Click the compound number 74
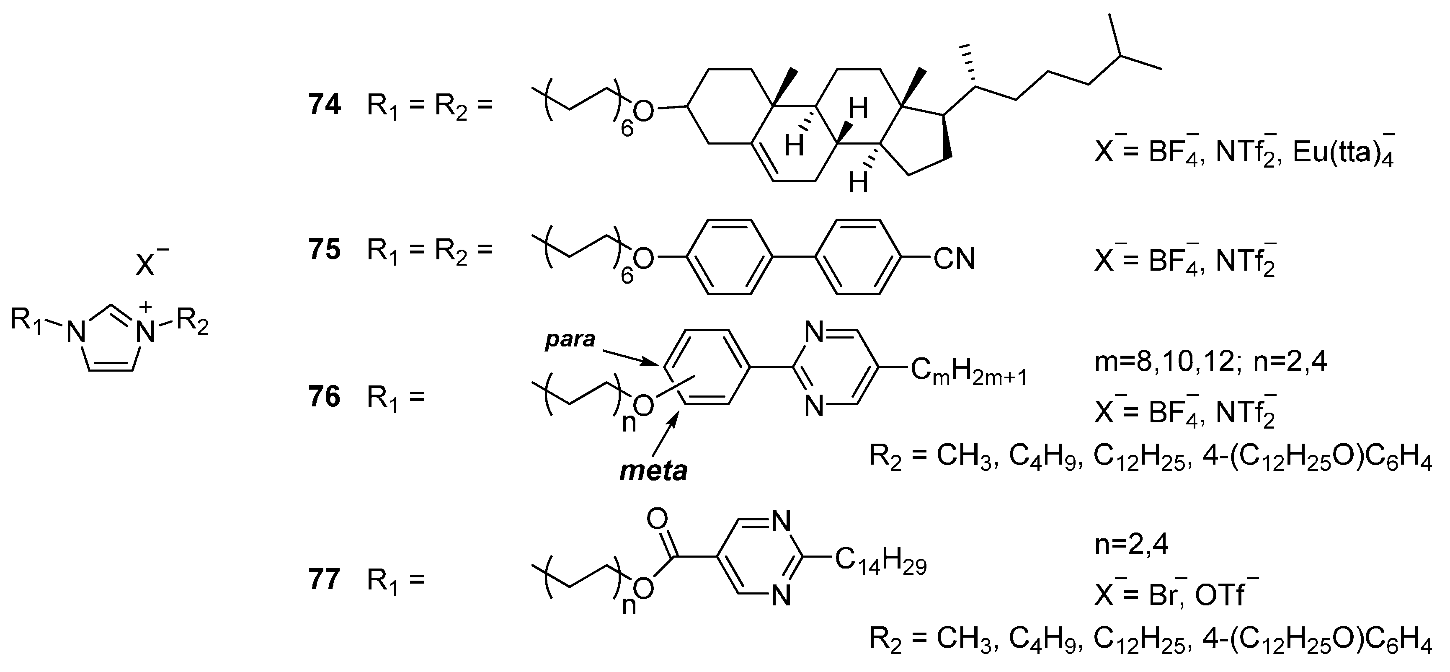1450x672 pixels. point(325,105)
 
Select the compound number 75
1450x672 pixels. point(325,250)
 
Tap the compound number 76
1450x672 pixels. point(325,397)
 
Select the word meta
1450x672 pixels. point(653,471)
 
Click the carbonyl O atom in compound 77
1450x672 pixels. point(657,519)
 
